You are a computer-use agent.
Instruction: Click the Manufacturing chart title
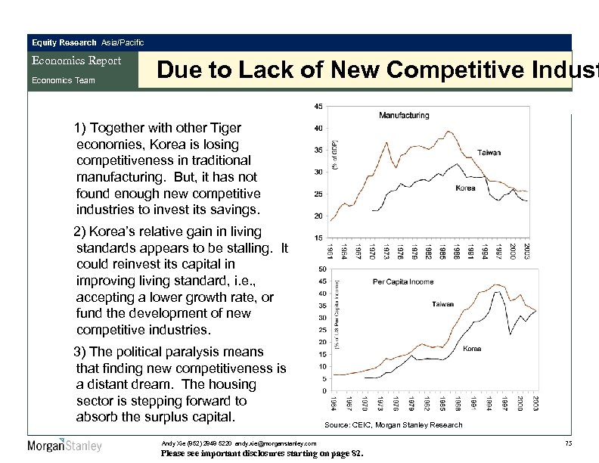coord(404,116)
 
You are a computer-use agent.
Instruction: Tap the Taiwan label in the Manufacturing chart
coord(489,153)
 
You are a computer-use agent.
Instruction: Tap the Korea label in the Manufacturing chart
coord(465,188)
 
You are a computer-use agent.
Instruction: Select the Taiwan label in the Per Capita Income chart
coord(442,304)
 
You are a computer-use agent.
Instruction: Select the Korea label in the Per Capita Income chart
coord(472,349)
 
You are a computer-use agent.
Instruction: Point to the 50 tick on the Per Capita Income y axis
coord(322,269)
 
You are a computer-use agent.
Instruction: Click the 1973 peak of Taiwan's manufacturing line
coord(387,142)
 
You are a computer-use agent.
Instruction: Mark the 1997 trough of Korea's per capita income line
coord(511,334)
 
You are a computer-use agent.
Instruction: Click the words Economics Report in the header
coord(75,61)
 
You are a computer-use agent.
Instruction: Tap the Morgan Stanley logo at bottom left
coord(64,445)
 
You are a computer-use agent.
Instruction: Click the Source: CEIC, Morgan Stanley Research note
coord(393,425)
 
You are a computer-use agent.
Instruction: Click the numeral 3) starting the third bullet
coord(80,352)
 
